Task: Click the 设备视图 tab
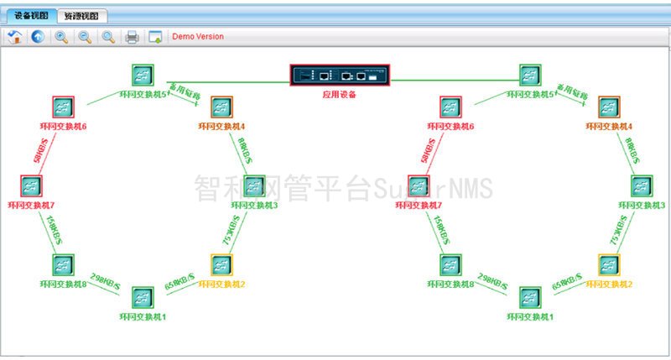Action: (30, 15)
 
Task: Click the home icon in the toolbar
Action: (14, 36)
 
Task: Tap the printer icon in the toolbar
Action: (132, 36)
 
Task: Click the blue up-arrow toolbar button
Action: (37, 36)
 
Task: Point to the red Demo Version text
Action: (197, 36)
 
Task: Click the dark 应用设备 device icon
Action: (341, 76)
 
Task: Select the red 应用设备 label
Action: (340, 94)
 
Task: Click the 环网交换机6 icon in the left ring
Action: (63, 107)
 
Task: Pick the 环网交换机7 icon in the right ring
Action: (419, 186)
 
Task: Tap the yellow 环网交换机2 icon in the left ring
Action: (221, 265)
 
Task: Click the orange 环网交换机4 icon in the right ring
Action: (609, 107)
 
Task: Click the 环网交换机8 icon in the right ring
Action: (450, 265)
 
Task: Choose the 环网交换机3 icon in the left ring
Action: (254, 186)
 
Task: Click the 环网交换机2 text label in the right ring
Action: (609, 284)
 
